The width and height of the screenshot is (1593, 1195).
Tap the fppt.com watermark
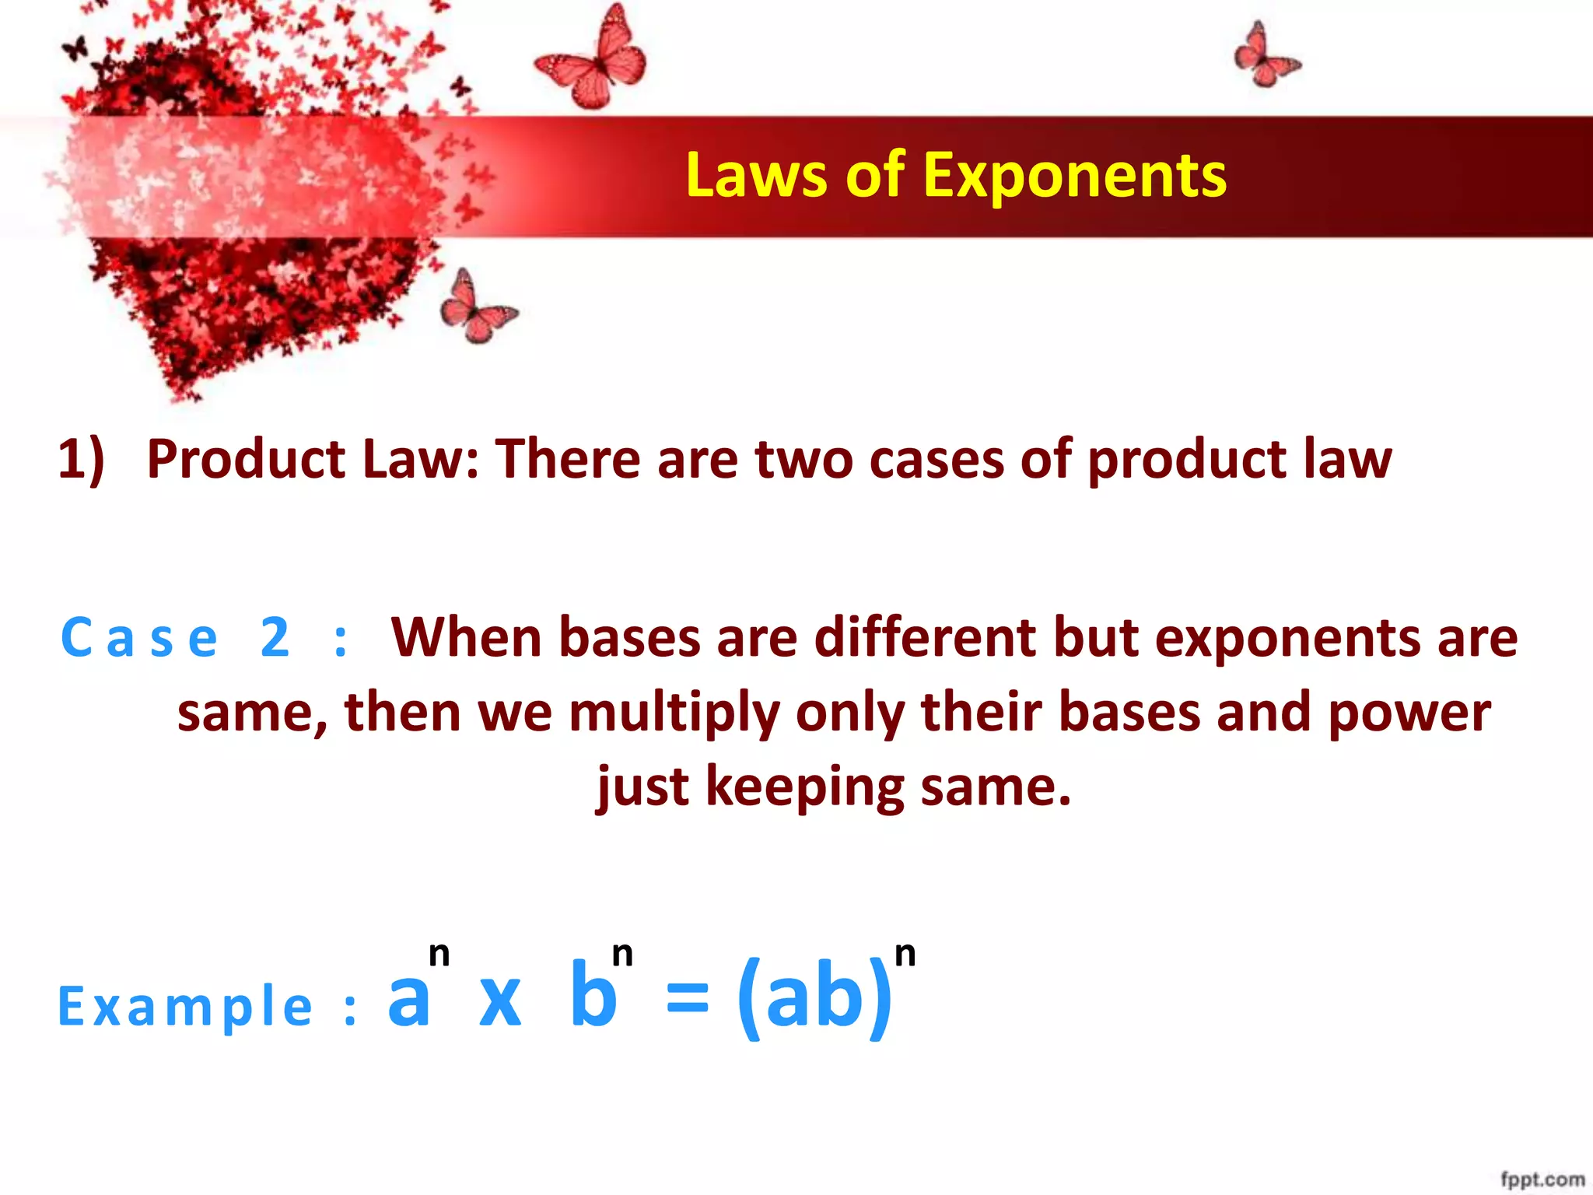pos(1542,1179)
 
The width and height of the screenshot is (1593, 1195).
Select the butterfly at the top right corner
pos(1265,56)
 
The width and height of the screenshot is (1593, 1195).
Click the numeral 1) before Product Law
pos(81,459)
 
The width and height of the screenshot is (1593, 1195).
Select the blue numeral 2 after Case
pos(275,638)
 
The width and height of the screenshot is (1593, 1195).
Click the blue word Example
pos(185,1007)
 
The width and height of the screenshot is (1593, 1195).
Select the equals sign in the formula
pos(688,999)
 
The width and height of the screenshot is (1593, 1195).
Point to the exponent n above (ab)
pos(905,954)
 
